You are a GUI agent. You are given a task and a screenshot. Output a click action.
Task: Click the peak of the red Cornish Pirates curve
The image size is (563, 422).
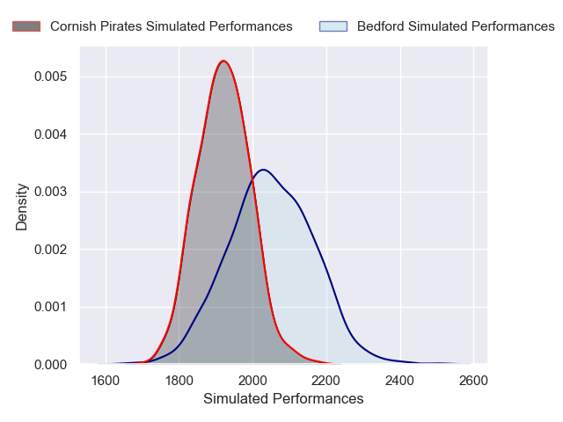click(223, 61)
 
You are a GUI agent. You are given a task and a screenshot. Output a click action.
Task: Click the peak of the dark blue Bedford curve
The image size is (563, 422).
click(262, 170)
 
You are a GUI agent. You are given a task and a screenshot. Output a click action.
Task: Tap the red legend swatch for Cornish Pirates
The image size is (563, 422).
click(26, 26)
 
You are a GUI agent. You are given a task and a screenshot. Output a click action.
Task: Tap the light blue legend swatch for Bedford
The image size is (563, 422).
click(333, 26)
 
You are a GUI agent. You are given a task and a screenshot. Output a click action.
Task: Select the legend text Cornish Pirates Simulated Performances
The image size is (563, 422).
click(171, 26)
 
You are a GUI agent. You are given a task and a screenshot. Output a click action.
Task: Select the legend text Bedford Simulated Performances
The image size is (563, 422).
click(456, 26)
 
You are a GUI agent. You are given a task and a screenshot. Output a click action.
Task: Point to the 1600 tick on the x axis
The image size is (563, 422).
click(106, 381)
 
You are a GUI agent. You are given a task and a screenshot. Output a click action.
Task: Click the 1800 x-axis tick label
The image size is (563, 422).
click(179, 381)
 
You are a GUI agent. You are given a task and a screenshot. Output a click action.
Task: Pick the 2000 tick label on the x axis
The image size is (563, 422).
click(252, 381)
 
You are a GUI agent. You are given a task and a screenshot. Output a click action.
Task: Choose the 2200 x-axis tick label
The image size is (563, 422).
click(326, 381)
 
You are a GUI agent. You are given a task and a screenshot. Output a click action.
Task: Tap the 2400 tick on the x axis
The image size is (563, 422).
click(399, 381)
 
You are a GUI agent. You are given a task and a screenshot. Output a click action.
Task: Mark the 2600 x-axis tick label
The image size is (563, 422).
click(473, 381)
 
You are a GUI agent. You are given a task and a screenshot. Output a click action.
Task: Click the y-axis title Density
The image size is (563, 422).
click(22, 206)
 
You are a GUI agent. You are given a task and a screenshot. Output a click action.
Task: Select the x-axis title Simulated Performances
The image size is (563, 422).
click(283, 399)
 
